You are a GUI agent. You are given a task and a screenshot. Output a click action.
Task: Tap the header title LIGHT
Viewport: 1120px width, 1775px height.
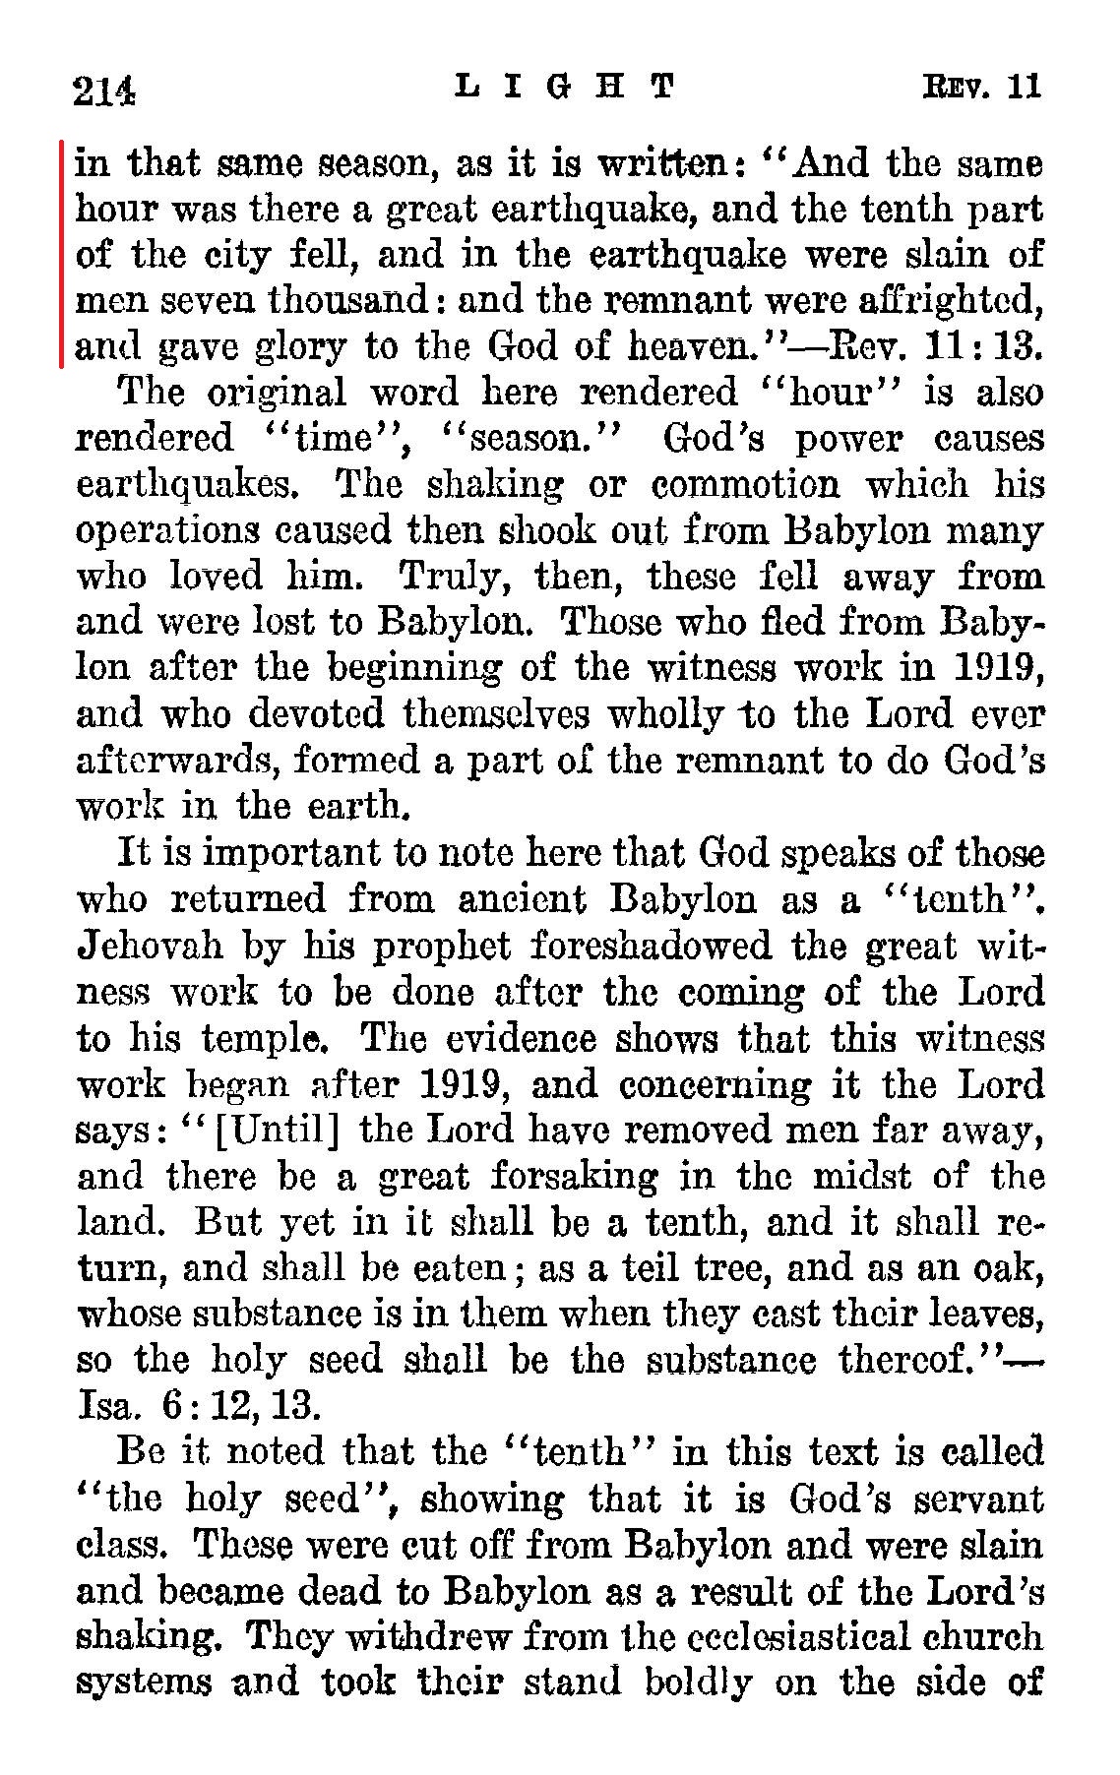[566, 87]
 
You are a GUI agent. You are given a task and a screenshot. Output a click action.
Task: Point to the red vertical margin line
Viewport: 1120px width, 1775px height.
[62, 253]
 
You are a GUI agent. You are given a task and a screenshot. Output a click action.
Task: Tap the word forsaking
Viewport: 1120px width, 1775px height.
[574, 1175]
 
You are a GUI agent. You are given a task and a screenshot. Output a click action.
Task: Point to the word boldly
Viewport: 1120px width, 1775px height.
[699, 1683]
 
